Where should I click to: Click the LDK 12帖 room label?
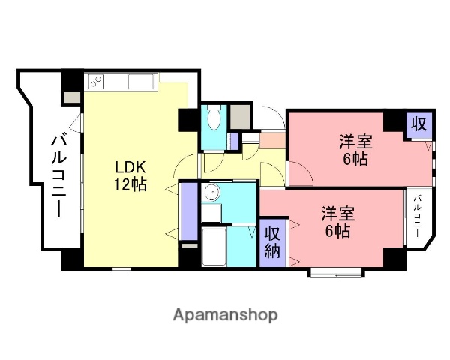[x=130, y=174]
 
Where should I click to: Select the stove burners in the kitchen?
[x=95, y=80]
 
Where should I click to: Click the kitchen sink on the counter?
[x=141, y=81]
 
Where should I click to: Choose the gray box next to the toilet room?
[x=239, y=116]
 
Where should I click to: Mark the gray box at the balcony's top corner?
[x=72, y=96]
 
